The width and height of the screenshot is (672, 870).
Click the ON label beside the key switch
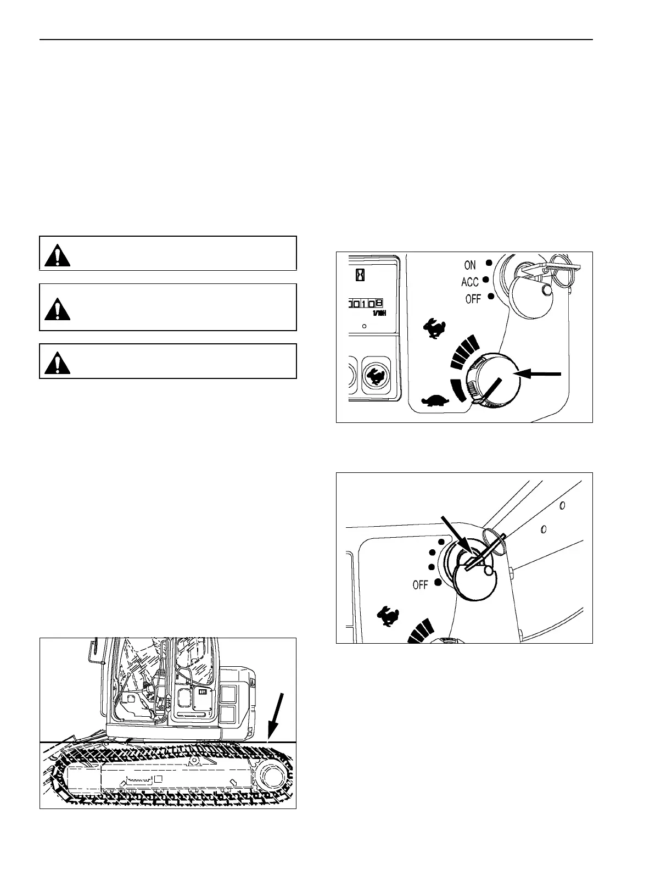[470, 265]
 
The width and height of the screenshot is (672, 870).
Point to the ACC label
[470, 282]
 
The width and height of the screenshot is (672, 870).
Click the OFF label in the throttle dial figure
[473, 299]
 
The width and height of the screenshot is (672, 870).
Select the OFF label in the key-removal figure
[420, 585]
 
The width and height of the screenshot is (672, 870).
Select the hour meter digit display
[365, 303]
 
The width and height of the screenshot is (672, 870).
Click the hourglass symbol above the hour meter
[359, 274]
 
